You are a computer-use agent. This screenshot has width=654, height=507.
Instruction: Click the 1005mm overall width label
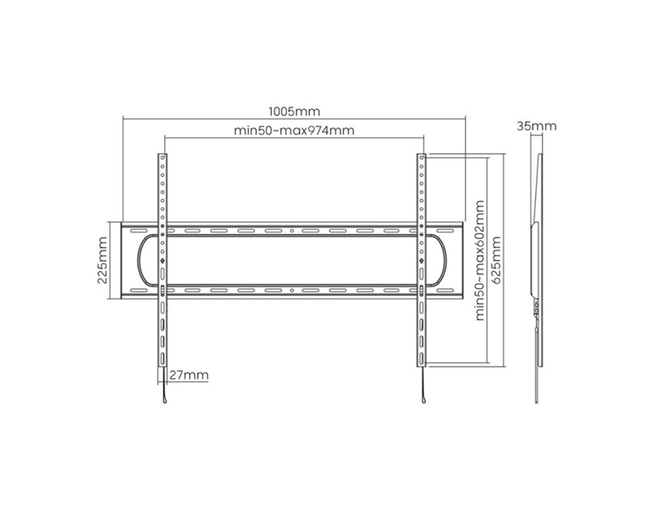tap(294, 111)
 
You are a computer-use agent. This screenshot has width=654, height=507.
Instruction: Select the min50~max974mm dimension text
tap(294, 130)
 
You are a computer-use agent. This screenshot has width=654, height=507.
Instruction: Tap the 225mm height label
tap(102, 260)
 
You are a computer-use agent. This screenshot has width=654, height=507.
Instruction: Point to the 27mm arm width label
tap(188, 375)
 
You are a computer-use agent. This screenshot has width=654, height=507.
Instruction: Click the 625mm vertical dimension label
tap(496, 261)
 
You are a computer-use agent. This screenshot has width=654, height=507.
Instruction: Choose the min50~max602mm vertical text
tap(480, 261)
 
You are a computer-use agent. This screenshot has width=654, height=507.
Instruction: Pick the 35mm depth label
tap(536, 126)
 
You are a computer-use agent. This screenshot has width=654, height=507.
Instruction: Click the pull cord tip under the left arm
tap(165, 402)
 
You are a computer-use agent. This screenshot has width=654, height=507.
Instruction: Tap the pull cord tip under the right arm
tap(424, 402)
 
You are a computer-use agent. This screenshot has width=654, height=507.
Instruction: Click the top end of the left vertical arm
tap(163, 155)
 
